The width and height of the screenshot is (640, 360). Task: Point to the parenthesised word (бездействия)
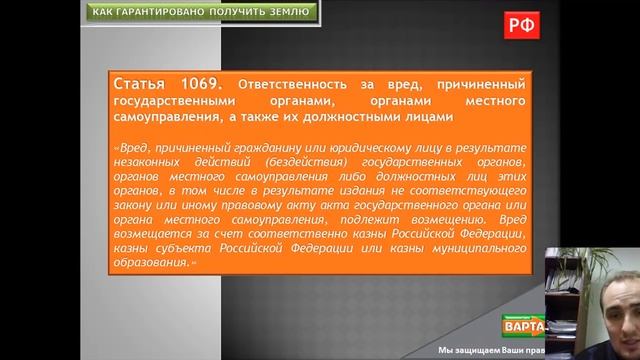(x=310, y=160)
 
